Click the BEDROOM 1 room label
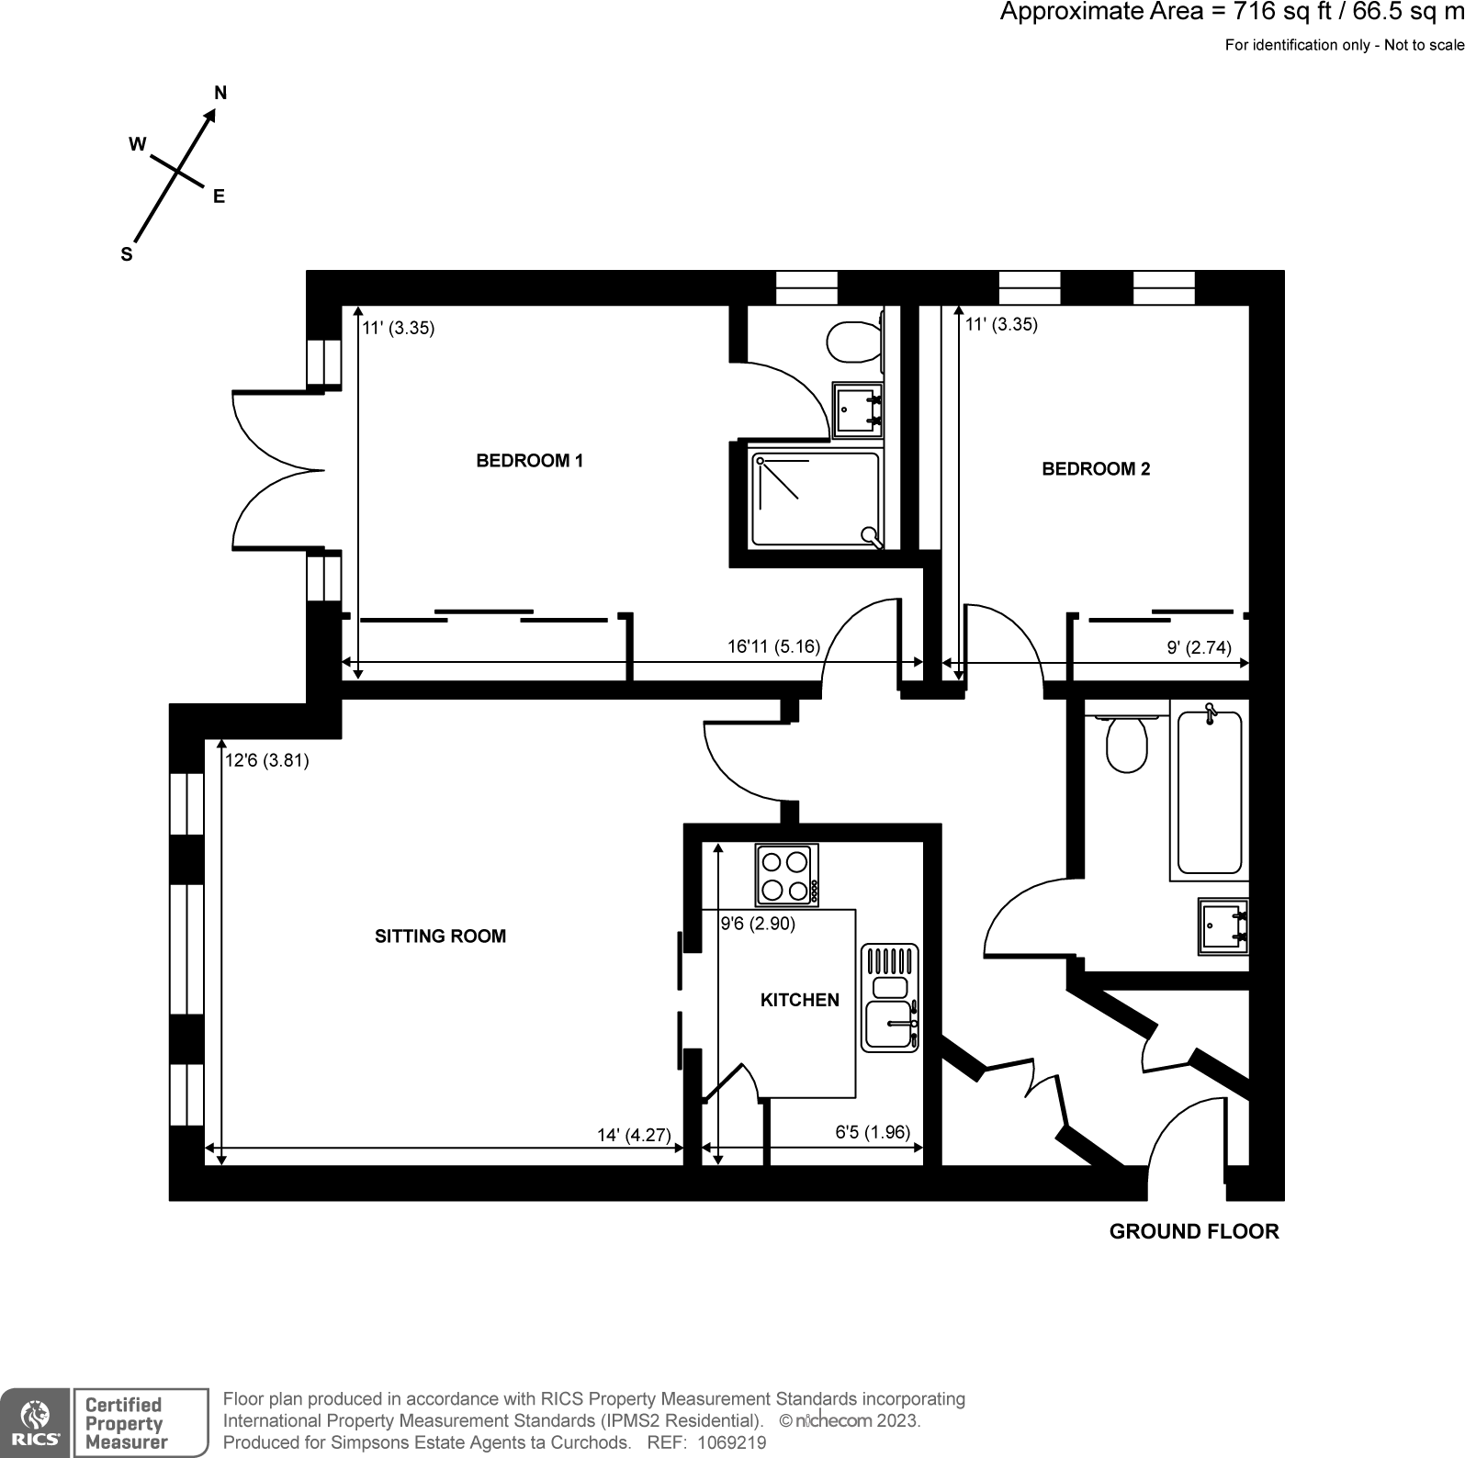tap(529, 461)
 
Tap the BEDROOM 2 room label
tap(1095, 469)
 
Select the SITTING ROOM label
tap(440, 936)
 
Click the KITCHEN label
tap(799, 1000)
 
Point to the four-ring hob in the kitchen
tap(787, 875)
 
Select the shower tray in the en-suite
tap(815, 500)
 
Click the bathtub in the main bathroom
tap(1209, 791)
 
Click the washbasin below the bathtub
tap(1223, 927)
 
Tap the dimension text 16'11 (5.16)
tap(773, 646)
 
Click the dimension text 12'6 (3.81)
tap(267, 760)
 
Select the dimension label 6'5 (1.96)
tap(872, 1132)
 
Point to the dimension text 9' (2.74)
tap(1199, 647)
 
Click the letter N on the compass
tap(220, 93)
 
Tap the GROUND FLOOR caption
tap(1193, 1232)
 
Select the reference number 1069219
tap(732, 1442)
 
